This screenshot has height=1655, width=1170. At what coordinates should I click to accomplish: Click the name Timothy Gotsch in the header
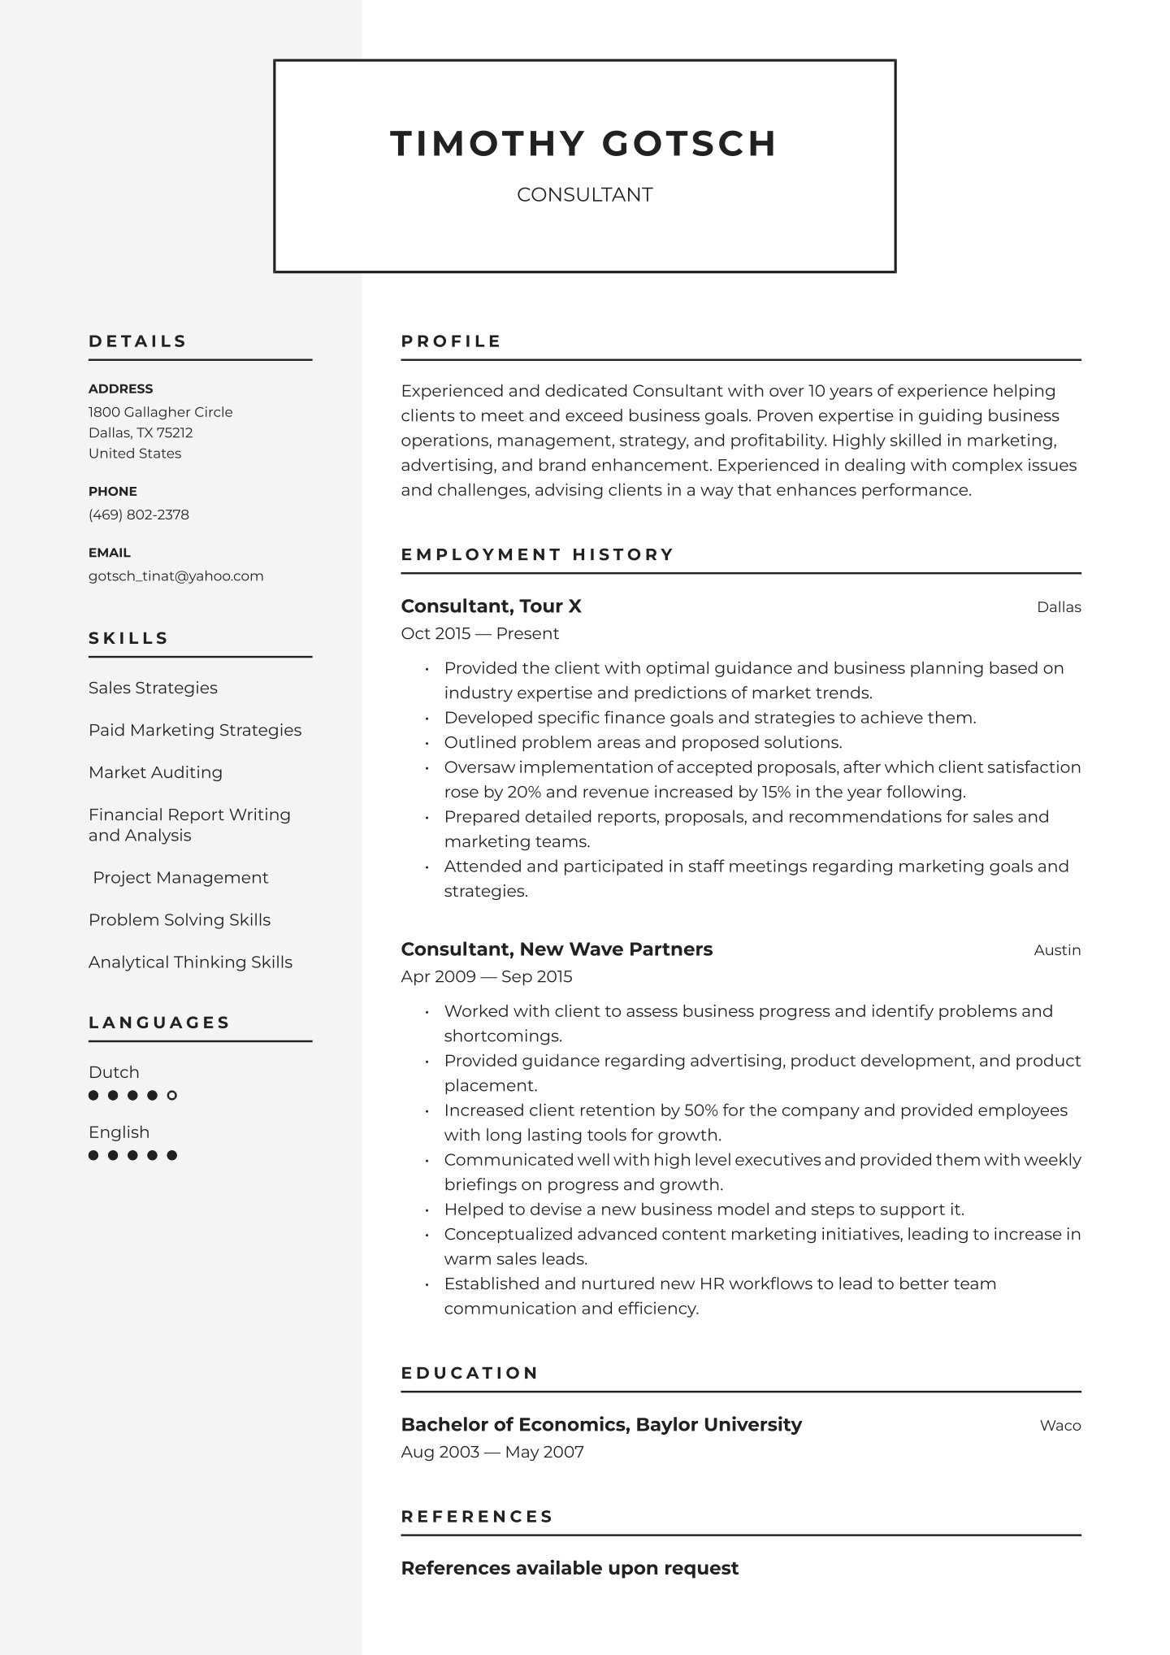point(583,143)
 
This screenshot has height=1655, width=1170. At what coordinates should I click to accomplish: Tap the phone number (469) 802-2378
point(139,515)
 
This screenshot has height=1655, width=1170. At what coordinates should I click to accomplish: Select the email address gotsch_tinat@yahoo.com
point(176,576)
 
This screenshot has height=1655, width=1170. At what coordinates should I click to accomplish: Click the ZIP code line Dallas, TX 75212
point(141,433)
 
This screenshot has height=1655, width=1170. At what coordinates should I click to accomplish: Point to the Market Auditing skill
point(155,772)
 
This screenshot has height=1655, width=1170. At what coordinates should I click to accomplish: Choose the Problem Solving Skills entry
point(180,920)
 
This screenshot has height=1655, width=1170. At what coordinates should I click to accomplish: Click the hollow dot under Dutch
point(172,1096)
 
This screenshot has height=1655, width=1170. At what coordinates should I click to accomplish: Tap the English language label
point(119,1132)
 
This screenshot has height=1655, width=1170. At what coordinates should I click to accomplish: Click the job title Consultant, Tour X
point(491,606)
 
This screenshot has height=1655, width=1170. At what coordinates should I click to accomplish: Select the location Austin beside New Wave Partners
point(1057,950)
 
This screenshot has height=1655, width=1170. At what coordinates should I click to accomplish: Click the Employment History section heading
point(537,554)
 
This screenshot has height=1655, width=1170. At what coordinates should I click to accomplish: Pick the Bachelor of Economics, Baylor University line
point(601,1425)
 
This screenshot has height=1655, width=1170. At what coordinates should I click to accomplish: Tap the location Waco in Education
point(1060,1426)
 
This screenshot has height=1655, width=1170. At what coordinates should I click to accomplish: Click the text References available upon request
point(570,1569)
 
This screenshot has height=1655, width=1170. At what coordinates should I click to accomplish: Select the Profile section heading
point(451,341)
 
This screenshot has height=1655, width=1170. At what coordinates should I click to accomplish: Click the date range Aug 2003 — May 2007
point(492,1453)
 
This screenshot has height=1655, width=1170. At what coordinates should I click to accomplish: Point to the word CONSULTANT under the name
point(584,195)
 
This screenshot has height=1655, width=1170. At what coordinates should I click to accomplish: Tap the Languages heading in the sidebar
point(159,1023)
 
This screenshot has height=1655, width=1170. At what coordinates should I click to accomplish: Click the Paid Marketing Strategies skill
point(195,730)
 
